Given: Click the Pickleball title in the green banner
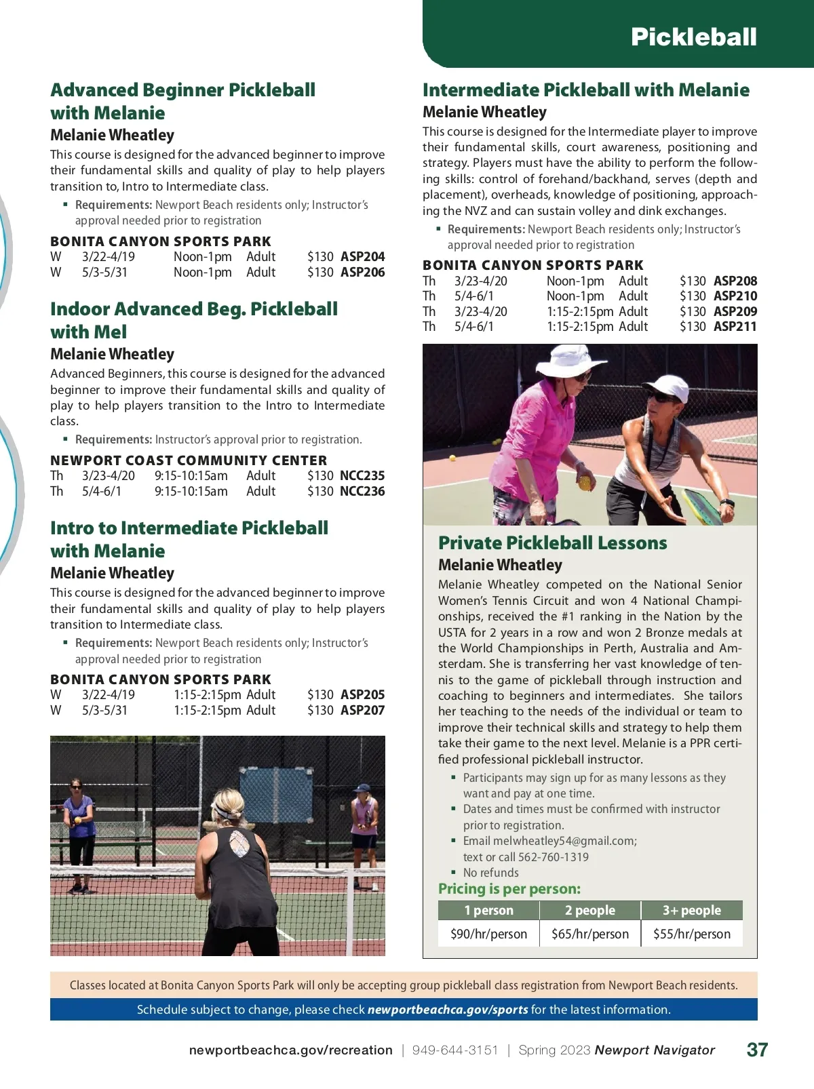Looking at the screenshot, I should (x=693, y=37).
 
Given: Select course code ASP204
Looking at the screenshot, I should (x=362, y=257).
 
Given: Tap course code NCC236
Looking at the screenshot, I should (x=362, y=492).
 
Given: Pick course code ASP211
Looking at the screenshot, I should (x=735, y=327).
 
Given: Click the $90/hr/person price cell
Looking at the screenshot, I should (x=488, y=934).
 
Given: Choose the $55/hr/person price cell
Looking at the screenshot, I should (x=691, y=934).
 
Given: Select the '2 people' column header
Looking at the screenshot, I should (x=589, y=910).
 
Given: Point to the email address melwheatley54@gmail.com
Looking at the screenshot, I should (x=564, y=841).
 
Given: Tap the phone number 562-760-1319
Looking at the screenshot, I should (x=553, y=857).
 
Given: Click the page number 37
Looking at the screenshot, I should (x=757, y=1050).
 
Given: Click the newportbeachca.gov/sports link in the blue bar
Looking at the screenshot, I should (x=448, y=1010).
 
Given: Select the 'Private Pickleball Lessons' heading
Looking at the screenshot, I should (x=552, y=543).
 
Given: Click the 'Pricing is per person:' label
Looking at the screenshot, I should (x=509, y=889).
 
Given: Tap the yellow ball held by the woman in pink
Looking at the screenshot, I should (x=583, y=483).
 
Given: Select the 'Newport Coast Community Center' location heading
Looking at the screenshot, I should (x=189, y=460).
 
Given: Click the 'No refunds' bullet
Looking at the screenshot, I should (x=490, y=873).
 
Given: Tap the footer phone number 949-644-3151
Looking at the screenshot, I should (x=454, y=1050).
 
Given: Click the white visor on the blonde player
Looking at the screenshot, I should (x=225, y=810).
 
